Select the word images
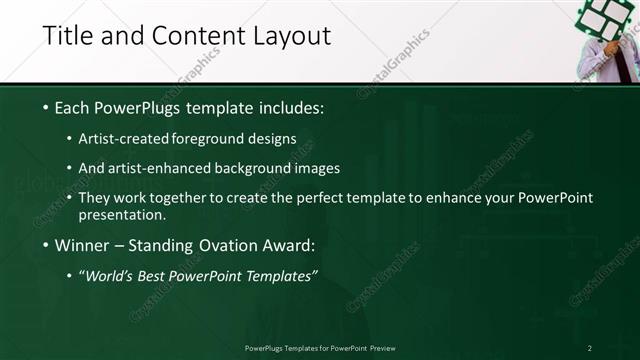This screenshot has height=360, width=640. [314, 168]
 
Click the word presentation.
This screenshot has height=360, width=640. [121, 214]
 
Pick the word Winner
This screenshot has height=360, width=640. [81, 245]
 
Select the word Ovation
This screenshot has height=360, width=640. [227, 245]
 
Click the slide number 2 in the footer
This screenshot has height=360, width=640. [589, 348]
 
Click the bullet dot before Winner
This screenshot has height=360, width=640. [46, 245]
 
